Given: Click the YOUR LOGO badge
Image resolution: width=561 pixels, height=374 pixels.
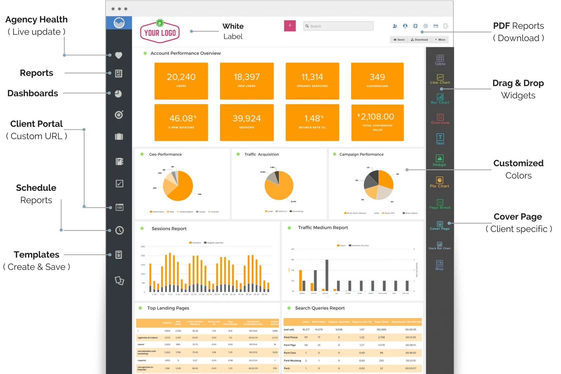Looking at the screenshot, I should [160, 32].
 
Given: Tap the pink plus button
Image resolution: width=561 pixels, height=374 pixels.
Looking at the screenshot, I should [290, 26].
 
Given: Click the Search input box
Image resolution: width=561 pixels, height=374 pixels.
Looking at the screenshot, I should [338, 26].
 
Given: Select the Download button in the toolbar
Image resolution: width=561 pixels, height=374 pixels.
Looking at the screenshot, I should [419, 40].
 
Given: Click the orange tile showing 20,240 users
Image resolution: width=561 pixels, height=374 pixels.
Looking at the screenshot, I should [181, 81].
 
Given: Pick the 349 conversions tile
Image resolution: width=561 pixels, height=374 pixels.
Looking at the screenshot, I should [377, 81].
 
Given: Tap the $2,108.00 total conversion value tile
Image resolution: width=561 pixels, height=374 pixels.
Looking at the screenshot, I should [377, 122].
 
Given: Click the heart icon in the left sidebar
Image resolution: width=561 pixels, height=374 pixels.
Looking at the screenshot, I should [119, 55].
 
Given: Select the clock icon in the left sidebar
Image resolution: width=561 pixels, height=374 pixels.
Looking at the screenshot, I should [119, 230].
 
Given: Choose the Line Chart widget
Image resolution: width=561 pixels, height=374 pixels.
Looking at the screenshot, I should [440, 79].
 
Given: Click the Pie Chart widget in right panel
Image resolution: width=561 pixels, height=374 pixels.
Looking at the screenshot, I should [439, 182].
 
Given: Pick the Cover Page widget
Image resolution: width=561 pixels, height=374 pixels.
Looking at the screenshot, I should [440, 225].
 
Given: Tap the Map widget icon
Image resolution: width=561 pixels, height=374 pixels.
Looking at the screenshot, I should [439, 265].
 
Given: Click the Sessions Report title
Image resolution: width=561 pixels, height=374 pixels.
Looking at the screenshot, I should [169, 229].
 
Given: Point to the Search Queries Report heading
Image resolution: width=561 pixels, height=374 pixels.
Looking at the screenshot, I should [320, 308].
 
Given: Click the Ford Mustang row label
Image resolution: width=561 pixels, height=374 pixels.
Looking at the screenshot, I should [292, 361].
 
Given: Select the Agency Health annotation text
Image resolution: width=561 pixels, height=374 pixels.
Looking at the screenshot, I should [36, 20].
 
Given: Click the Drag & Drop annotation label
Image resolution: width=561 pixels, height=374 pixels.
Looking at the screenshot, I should [518, 83].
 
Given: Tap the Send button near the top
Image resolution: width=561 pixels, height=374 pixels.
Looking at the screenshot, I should [399, 40].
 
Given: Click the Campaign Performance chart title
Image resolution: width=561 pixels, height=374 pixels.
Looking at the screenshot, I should [361, 155].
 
